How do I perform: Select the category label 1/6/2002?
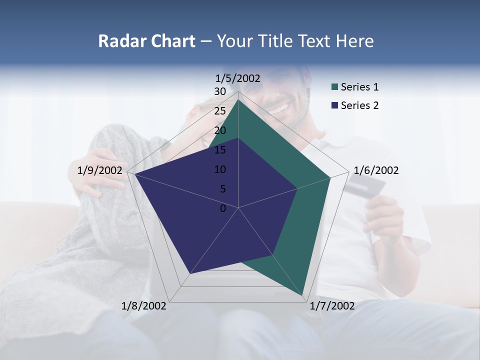coord(376,170)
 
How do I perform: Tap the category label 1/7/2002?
coord(332,306)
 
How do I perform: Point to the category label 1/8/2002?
coord(144,306)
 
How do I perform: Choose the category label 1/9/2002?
coord(100,170)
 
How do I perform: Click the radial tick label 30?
coord(220,91)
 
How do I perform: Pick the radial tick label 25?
coord(220,111)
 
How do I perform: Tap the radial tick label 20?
coord(220,130)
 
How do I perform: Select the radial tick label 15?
coord(220,150)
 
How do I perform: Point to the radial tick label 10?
coord(220,169)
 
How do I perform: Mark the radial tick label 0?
coord(223,208)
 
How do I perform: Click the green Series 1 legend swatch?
coord(334,87)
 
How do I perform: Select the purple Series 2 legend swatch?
coord(334,105)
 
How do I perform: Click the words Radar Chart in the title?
coord(146,41)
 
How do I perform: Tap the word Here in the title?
coord(354,41)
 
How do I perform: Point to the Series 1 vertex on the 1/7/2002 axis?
coord(303,295)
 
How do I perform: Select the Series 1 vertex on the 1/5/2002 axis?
coord(238,99)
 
